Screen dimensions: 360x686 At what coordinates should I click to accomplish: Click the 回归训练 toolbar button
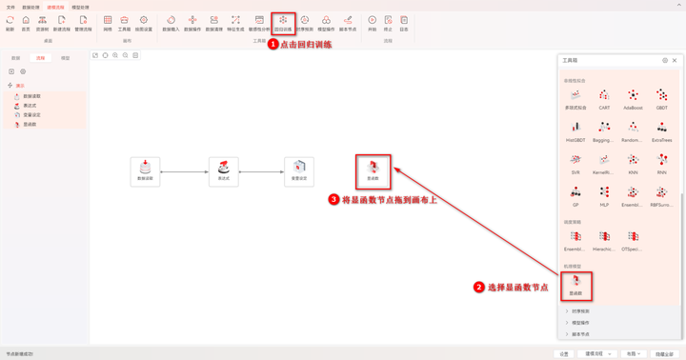point(283,22)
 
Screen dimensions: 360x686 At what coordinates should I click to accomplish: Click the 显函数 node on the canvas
point(373,170)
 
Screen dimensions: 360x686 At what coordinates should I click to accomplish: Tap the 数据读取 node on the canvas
point(145,171)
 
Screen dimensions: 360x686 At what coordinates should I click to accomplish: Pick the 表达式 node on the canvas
point(224,171)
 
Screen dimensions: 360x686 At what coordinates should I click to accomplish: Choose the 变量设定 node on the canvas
point(299,171)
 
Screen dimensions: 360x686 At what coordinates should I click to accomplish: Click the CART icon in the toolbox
point(604,98)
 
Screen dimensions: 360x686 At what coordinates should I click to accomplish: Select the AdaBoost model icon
point(633,98)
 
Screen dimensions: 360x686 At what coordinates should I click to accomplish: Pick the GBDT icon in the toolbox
point(661,98)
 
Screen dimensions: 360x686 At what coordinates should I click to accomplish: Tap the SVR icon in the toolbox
point(575,163)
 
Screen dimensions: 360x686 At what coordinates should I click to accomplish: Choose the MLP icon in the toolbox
point(604,195)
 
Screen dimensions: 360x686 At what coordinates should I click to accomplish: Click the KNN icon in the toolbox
point(633,163)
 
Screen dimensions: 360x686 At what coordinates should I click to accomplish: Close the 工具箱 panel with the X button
point(675,60)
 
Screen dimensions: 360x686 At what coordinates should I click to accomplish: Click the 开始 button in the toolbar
point(373,23)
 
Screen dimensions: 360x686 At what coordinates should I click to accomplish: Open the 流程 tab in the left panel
point(40,58)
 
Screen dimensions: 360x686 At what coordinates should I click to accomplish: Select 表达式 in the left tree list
point(30,106)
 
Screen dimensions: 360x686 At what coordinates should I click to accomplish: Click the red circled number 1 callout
point(272,44)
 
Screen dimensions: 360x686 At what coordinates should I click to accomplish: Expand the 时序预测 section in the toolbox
point(580,311)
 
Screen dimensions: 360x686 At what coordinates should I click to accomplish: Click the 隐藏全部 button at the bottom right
point(664,353)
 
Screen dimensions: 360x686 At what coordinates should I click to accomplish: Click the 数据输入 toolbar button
point(171,23)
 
